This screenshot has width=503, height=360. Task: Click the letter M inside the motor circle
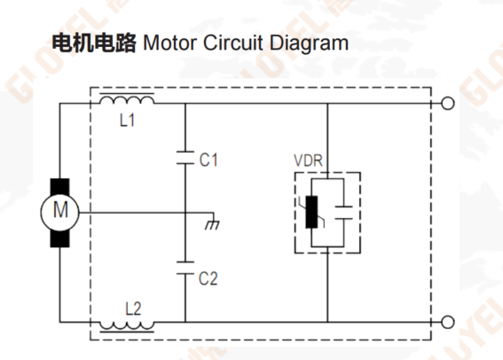(60, 210)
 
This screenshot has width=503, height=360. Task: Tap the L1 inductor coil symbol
(127, 99)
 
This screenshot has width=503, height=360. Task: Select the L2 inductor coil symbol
(127, 326)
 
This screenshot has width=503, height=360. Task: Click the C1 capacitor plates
(185, 158)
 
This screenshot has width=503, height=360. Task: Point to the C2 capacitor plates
(185, 268)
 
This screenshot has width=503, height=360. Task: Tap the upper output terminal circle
(448, 104)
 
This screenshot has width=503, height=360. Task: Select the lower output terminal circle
(448, 322)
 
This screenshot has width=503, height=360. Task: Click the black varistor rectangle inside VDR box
(311, 212)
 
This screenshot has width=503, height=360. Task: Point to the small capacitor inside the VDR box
(343, 213)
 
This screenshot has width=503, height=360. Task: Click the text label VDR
(309, 160)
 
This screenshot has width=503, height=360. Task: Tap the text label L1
(127, 121)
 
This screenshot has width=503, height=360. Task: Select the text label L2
(133, 309)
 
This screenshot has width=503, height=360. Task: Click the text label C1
(208, 160)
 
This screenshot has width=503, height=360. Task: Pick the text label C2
(208, 278)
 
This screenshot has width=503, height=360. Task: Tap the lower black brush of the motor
(60, 239)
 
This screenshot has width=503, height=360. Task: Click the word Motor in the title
(170, 43)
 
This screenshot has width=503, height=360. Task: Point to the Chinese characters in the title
(94, 43)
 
